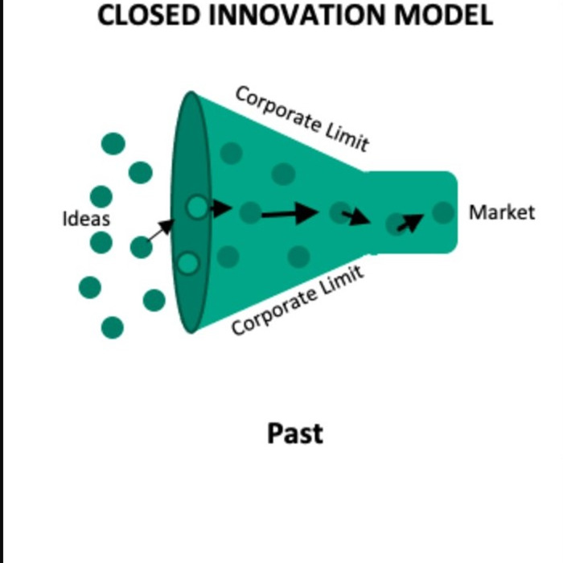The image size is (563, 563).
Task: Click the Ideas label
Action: click(86, 219)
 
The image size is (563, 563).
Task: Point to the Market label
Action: click(502, 212)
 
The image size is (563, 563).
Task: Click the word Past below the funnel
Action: click(295, 434)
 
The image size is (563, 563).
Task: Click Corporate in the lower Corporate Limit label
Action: click(274, 312)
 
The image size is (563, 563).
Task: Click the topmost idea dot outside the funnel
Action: click(113, 144)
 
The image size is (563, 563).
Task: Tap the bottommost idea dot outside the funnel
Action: click(113, 327)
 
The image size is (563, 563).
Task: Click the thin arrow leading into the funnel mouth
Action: click(161, 231)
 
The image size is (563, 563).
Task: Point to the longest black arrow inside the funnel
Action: click(290, 213)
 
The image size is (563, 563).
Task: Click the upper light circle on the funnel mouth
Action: click(197, 208)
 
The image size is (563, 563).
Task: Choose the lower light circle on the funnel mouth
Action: click(188, 263)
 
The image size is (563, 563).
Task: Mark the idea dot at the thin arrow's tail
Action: click(142, 247)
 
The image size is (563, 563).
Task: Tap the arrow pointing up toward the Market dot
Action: click(410, 221)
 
